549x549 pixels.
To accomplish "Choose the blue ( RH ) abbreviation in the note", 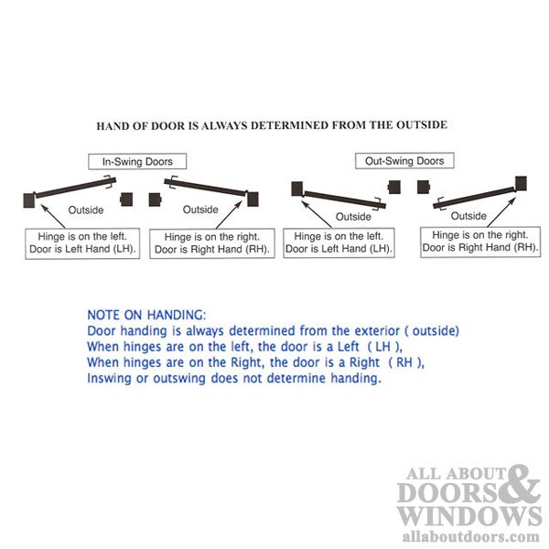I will [x=407, y=362].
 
